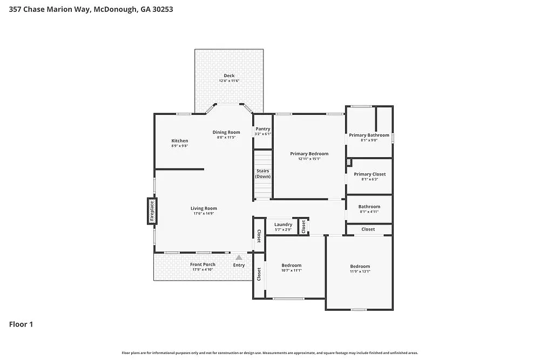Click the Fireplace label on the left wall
[x=152, y=210]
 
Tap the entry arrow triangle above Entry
[x=239, y=257]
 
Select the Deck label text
[x=229, y=76]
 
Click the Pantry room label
[x=263, y=129]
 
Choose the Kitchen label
[x=180, y=141]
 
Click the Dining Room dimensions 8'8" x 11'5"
[x=226, y=138]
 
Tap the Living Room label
[x=204, y=208]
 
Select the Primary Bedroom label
[x=309, y=154]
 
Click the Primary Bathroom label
[x=369, y=135]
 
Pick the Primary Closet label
[x=369, y=174]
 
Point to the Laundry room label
[x=283, y=225]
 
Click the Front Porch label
[x=202, y=264]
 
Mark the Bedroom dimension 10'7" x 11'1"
[x=292, y=270]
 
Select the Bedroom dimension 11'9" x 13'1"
[x=360, y=271]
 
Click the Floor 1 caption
[x=21, y=324]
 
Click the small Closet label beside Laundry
[x=303, y=227]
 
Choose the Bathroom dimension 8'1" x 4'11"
[x=369, y=212]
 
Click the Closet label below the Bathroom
[x=368, y=229]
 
